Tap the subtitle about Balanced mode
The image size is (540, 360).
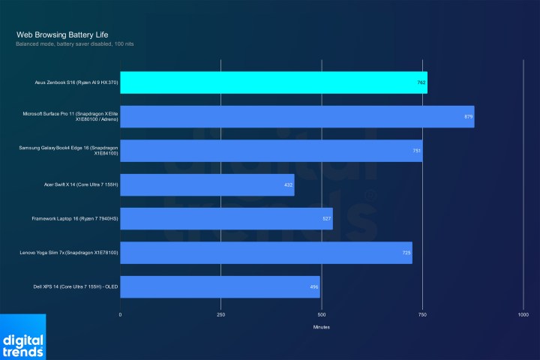click(74, 44)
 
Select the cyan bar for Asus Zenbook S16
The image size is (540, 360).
click(273, 82)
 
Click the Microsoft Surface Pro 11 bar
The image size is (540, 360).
click(297, 116)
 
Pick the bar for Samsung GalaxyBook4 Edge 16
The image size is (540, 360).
click(271, 150)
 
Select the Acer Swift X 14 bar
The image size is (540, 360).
click(207, 184)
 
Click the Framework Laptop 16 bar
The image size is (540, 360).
click(226, 218)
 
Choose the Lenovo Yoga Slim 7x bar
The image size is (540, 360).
click(265, 253)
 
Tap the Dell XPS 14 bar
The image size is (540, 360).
click(220, 286)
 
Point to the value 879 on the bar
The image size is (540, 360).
click(468, 116)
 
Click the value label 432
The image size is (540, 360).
click(288, 184)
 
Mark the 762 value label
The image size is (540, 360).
click(421, 82)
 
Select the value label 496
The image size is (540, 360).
click(313, 286)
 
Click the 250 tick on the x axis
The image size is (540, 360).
click(220, 314)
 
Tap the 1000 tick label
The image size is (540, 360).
click(523, 314)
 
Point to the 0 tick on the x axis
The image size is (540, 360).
click(120, 314)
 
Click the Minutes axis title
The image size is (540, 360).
click(321, 327)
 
